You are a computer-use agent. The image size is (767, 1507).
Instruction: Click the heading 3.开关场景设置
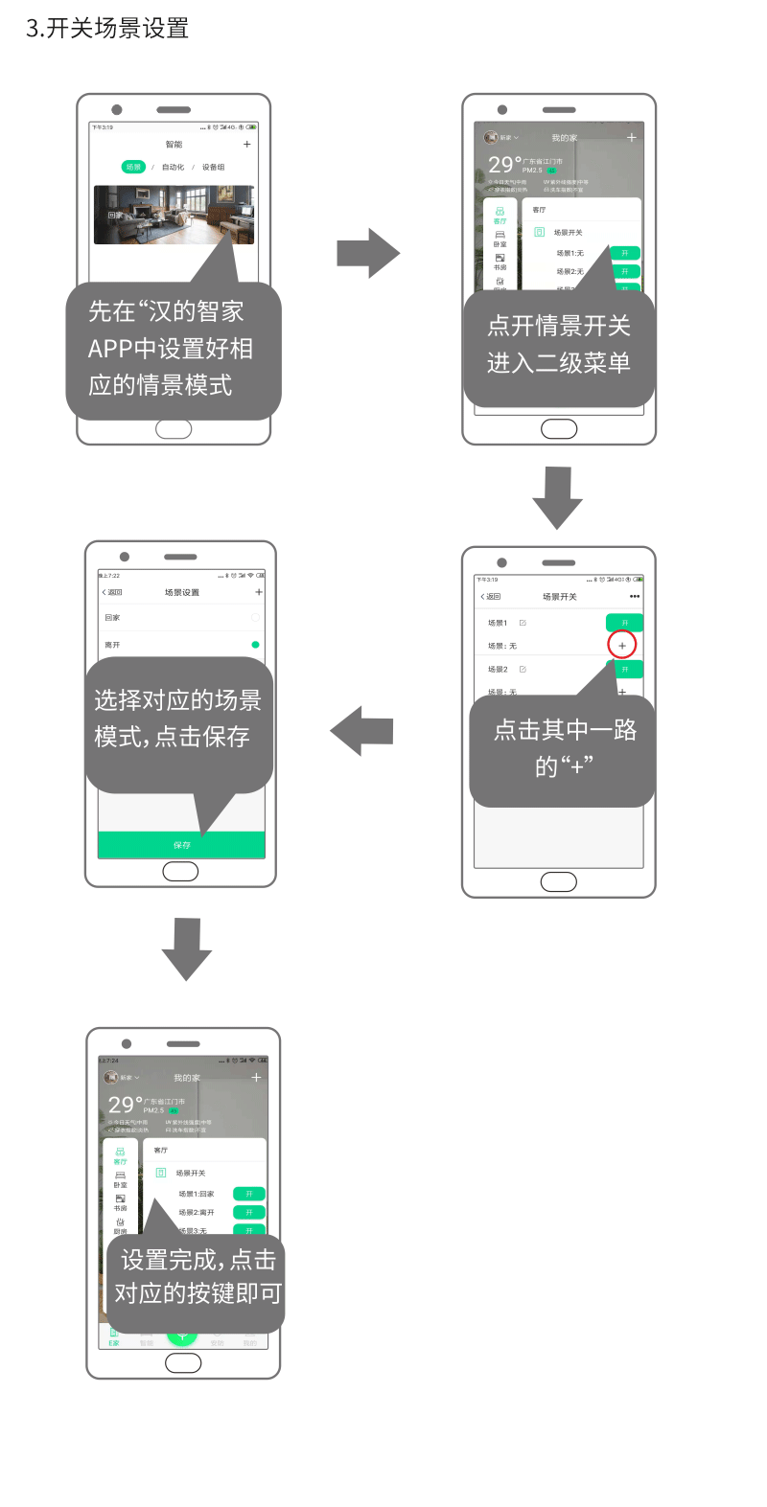(x=107, y=29)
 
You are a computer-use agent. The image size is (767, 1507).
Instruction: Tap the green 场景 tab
(x=133, y=167)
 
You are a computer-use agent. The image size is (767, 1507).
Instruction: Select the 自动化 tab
(x=173, y=167)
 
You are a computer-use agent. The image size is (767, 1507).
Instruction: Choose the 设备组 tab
(x=213, y=167)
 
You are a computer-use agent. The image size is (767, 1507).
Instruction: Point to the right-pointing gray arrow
(x=368, y=254)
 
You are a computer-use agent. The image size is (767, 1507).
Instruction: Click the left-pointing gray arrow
(x=362, y=731)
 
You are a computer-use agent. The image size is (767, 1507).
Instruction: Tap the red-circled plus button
(x=622, y=646)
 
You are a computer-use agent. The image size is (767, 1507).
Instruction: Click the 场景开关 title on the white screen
(x=560, y=597)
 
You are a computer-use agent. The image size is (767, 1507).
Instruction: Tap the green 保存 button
(x=181, y=845)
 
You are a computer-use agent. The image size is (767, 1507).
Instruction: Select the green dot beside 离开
(x=255, y=645)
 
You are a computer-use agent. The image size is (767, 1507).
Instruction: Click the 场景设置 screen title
(x=182, y=592)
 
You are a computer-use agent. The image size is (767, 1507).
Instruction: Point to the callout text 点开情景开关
(x=559, y=327)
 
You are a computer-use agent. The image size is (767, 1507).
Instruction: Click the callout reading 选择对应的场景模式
(x=177, y=719)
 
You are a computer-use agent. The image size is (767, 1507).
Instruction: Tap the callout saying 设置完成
(x=198, y=1276)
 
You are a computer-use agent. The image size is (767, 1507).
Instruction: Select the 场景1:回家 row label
(x=197, y=1194)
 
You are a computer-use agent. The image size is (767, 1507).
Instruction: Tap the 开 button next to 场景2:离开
(x=249, y=1213)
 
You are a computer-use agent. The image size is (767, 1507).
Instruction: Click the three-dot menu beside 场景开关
(x=635, y=597)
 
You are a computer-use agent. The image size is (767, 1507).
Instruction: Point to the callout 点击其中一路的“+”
(x=565, y=748)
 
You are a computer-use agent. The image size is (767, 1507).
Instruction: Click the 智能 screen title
(x=174, y=145)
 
